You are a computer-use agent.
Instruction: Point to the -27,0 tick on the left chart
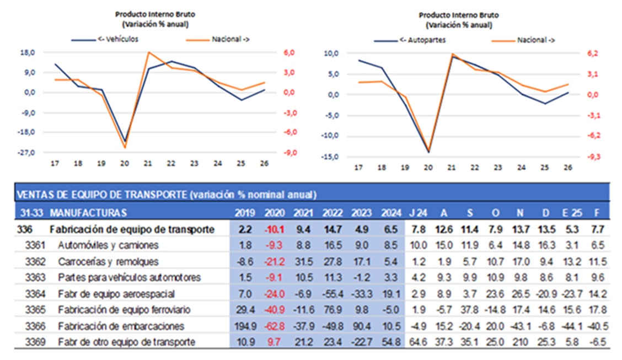[28, 153]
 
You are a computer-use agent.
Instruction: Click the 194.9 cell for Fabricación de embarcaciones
[243, 326]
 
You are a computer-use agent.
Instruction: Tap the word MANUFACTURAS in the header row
[88, 213]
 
